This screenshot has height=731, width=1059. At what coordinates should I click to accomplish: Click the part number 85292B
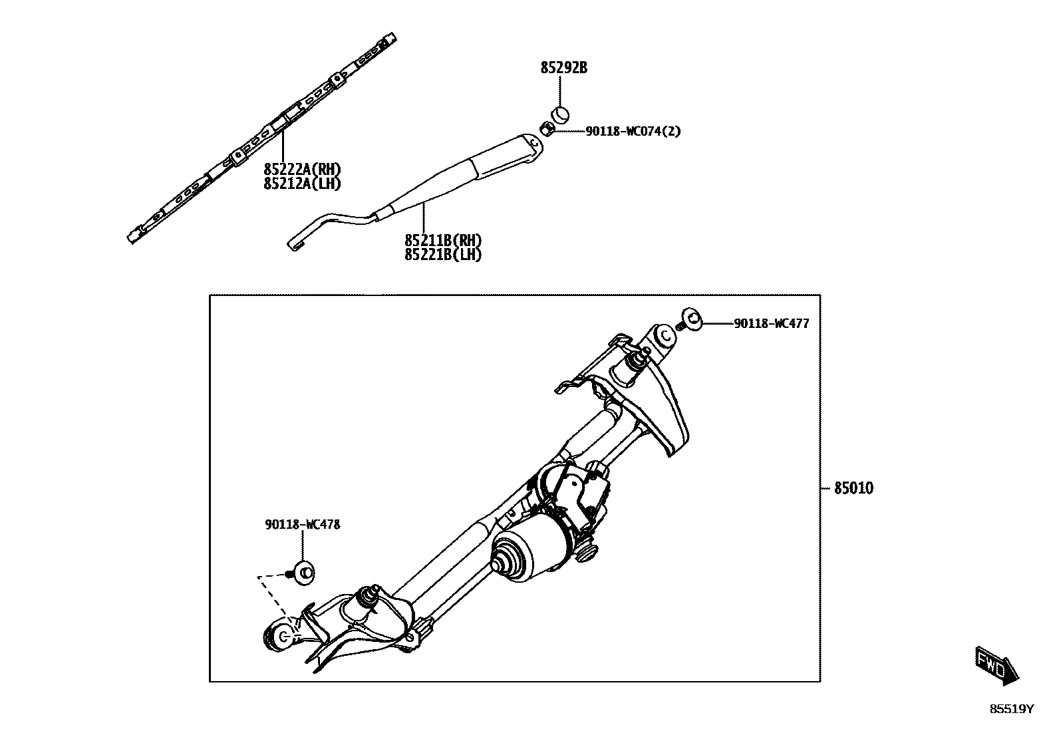[563, 68]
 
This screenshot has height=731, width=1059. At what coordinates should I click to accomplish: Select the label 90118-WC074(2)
[633, 132]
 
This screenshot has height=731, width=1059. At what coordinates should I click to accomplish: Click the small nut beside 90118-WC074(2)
[545, 128]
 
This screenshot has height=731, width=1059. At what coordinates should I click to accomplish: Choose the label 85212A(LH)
[302, 184]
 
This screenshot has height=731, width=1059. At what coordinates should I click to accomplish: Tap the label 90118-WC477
[772, 324]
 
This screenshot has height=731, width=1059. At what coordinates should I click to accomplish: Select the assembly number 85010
[853, 488]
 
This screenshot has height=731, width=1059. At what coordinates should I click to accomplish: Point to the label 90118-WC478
[303, 524]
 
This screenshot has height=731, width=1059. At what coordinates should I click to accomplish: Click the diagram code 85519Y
[1012, 709]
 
